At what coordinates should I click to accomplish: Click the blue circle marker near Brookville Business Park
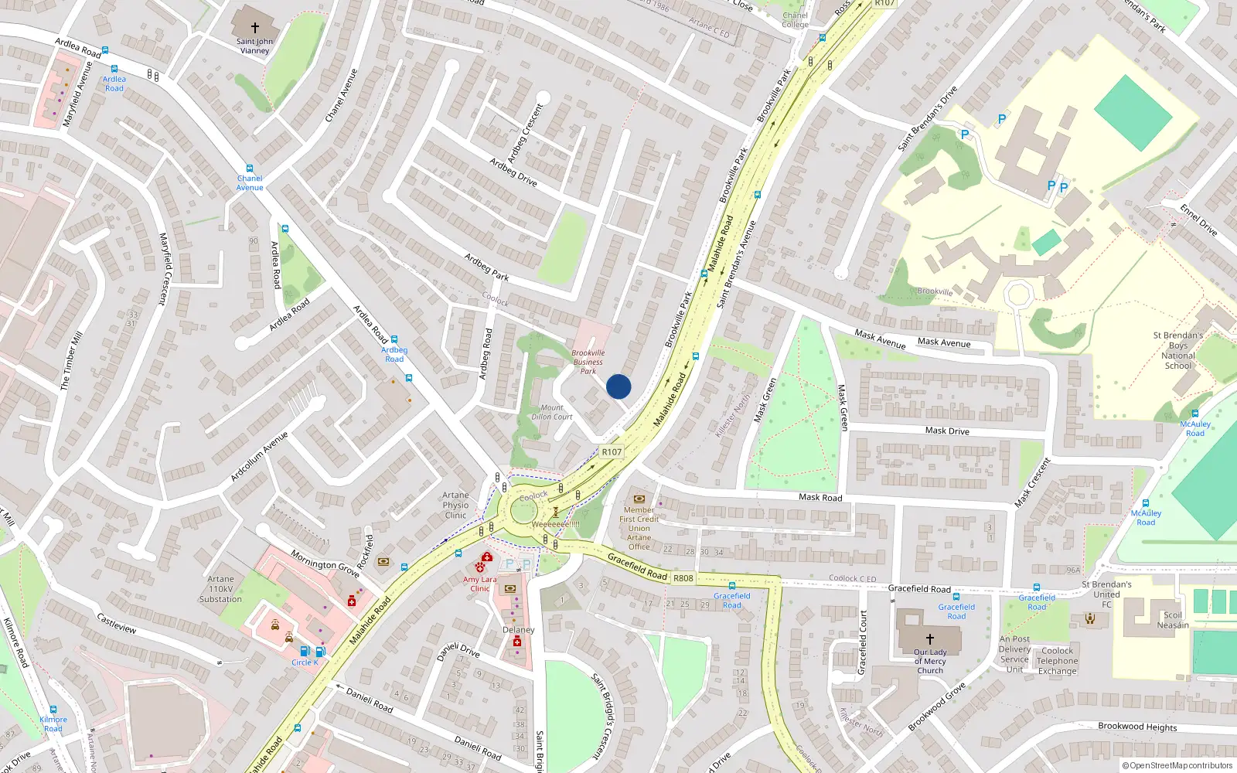pyautogui.click(x=618, y=386)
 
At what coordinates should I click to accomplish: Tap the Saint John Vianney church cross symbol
pyautogui.click(x=254, y=28)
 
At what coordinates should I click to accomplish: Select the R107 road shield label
pyautogui.click(x=612, y=452)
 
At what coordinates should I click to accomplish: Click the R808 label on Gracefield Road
pyautogui.click(x=683, y=578)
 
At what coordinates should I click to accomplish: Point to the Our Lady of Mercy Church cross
pyautogui.click(x=930, y=638)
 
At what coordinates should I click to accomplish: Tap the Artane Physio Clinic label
pyautogui.click(x=455, y=506)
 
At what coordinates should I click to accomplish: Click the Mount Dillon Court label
pyautogui.click(x=552, y=412)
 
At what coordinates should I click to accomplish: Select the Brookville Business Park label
pyautogui.click(x=588, y=362)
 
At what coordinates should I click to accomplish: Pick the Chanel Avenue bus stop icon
pyautogui.click(x=250, y=168)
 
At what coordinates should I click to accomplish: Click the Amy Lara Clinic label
pyautogui.click(x=480, y=584)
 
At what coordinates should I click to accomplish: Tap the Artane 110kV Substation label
pyautogui.click(x=220, y=589)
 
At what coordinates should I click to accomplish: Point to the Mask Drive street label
pyautogui.click(x=947, y=431)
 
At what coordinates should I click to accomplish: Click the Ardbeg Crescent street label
pyautogui.click(x=526, y=132)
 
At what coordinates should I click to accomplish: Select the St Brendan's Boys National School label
pyautogui.click(x=1178, y=351)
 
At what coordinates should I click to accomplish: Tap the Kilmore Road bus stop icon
pyautogui.click(x=53, y=709)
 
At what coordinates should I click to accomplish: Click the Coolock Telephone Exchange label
pyautogui.click(x=1057, y=661)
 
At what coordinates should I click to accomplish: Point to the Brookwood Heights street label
pyautogui.click(x=1137, y=727)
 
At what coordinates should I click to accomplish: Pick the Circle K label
pyautogui.click(x=305, y=662)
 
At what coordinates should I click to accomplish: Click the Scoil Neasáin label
pyautogui.click(x=1173, y=620)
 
